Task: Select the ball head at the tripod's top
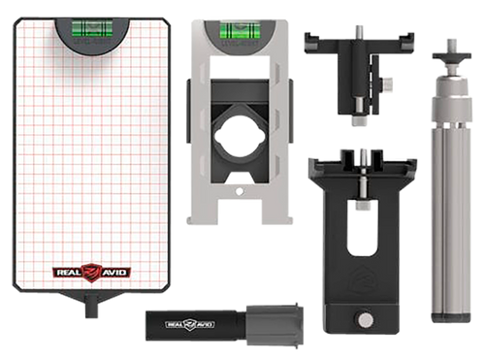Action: pyautogui.click(x=450, y=69)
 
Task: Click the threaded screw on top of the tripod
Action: pyautogui.click(x=450, y=44)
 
